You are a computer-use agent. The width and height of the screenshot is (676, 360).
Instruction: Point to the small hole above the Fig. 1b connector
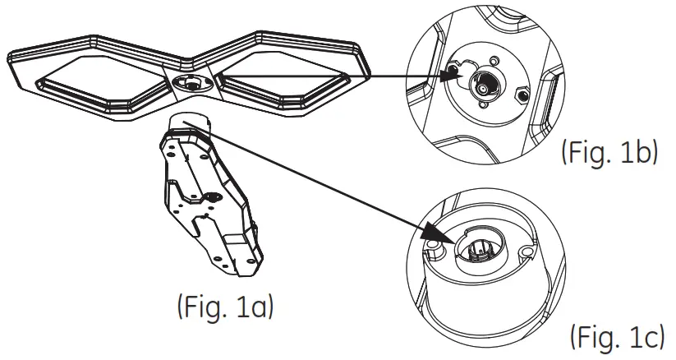point(493,58)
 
